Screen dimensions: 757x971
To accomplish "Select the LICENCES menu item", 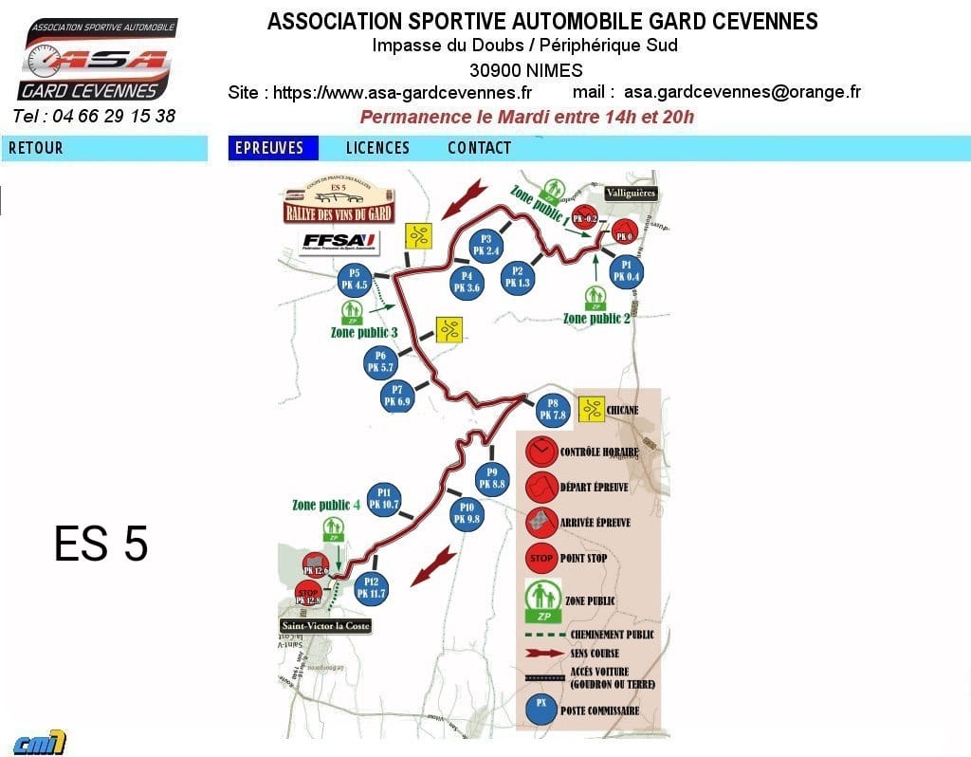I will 377,148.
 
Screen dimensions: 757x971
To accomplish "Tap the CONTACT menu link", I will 479,148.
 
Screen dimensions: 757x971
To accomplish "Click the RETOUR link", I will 36,148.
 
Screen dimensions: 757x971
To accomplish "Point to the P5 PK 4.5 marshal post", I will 356,279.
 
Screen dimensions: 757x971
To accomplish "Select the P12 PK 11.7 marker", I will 371,587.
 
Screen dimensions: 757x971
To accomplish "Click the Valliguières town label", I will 631,194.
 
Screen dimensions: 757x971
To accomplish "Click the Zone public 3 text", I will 363,332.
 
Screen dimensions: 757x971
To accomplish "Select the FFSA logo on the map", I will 339,242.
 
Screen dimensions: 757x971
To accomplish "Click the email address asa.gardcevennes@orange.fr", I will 742,92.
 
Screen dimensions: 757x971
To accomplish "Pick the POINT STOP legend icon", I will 541,558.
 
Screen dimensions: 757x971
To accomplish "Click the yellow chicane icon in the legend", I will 593,410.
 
